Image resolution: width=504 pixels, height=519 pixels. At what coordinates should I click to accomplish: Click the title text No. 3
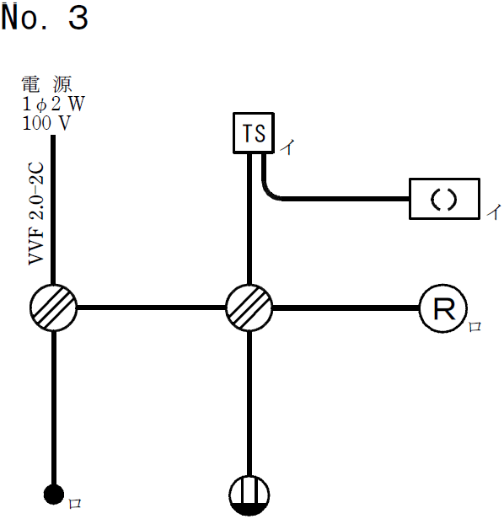tap(45, 19)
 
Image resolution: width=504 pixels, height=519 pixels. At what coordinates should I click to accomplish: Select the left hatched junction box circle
tap(54, 307)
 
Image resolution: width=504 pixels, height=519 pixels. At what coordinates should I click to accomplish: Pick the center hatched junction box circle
tap(249, 307)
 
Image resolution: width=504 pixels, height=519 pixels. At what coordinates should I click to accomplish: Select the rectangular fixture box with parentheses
tap(444, 199)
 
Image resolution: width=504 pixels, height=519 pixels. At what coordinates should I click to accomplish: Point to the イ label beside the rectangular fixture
tap(493, 212)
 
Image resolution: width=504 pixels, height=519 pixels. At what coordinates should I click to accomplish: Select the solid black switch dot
tap(54, 495)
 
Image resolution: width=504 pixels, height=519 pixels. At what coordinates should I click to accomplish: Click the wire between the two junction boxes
tap(152, 307)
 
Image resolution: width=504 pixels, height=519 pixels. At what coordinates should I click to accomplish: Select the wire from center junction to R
tap(346, 307)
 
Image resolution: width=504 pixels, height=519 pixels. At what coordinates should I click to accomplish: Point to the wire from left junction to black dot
tap(54, 404)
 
